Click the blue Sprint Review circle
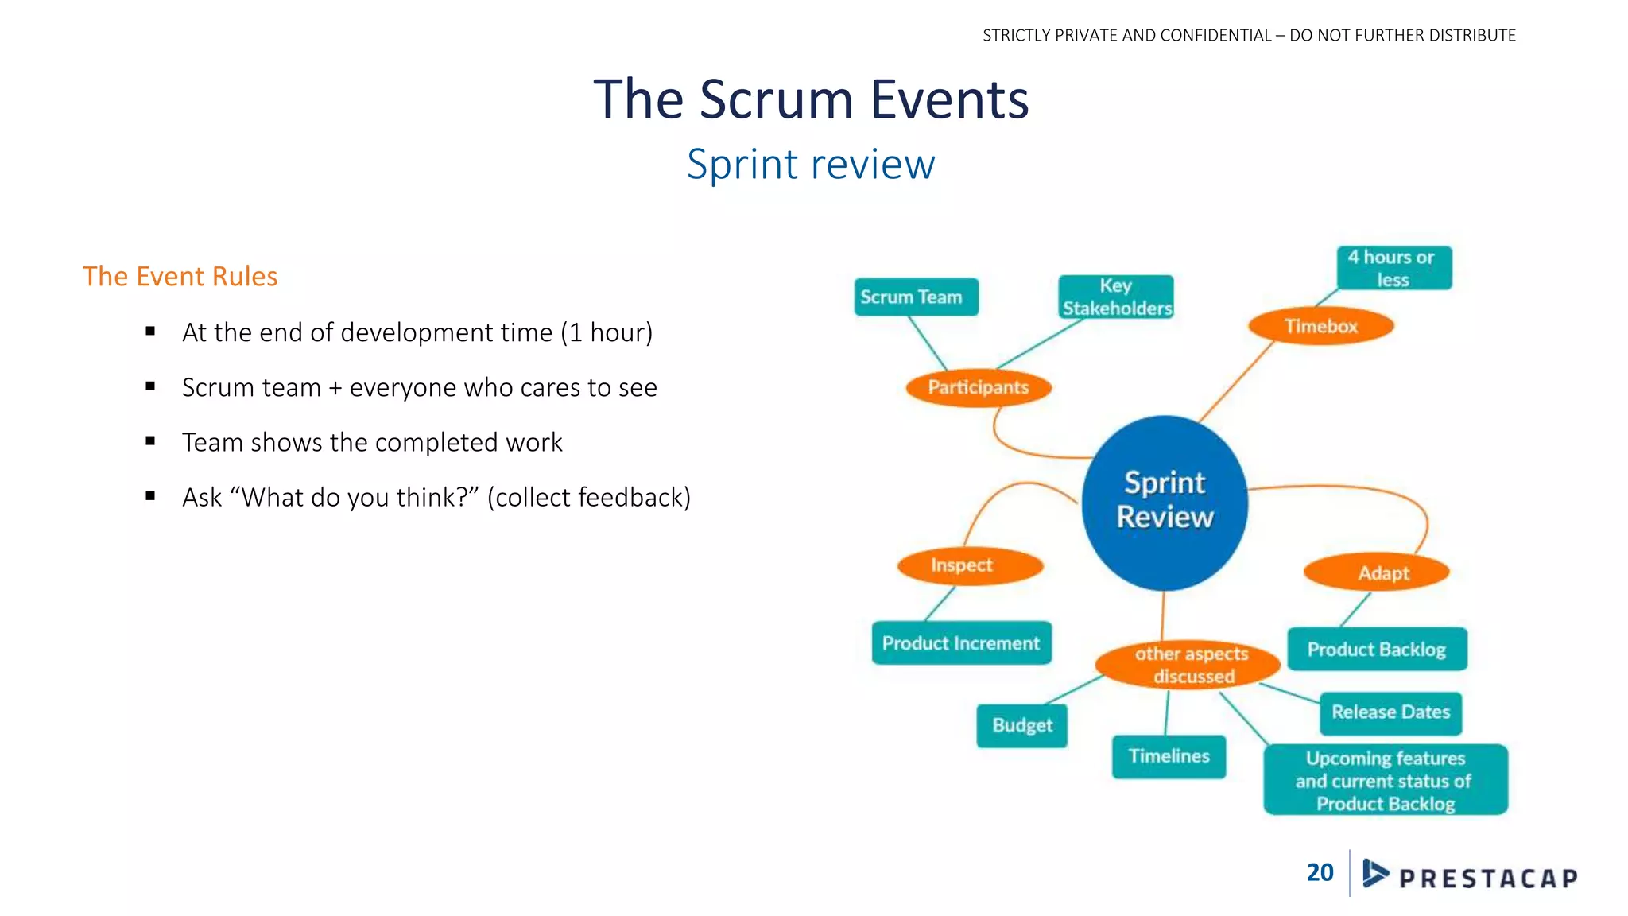(x=1165, y=502)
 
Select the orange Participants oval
(x=979, y=388)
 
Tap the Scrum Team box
(x=916, y=297)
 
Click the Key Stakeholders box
(x=1116, y=297)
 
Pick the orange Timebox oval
(x=1320, y=326)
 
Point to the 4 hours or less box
(x=1393, y=268)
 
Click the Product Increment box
(x=961, y=642)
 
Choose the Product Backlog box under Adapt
(x=1377, y=649)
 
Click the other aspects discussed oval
(x=1188, y=665)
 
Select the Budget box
(x=1021, y=725)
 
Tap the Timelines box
(x=1169, y=756)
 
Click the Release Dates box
(x=1390, y=712)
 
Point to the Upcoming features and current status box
(x=1385, y=780)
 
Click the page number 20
(x=1320, y=872)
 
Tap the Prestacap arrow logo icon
(x=1374, y=873)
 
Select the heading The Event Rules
(x=180, y=276)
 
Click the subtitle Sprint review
(x=811, y=165)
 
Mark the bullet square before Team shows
(x=150, y=441)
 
